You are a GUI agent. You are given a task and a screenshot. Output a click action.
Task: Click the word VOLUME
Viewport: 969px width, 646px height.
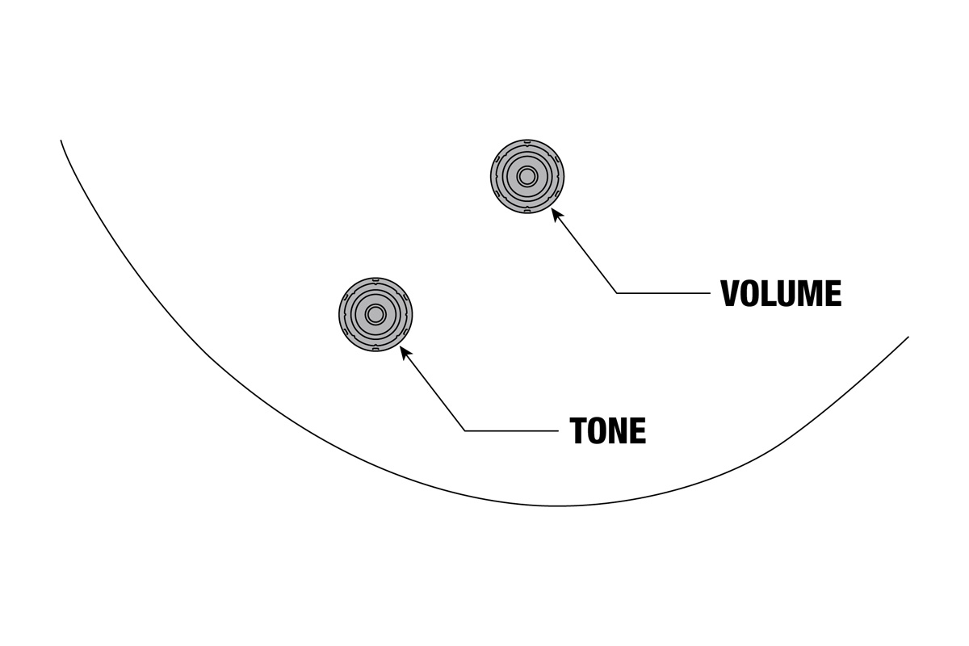[781, 294]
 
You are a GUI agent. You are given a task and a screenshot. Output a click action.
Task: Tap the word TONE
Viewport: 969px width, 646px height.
[608, 431]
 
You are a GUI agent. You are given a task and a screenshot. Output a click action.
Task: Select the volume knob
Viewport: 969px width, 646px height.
[527, 176]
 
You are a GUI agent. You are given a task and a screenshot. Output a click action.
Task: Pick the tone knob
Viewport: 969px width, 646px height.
[375, 314]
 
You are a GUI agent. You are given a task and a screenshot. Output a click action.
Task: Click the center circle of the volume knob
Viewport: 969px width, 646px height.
[527, 176]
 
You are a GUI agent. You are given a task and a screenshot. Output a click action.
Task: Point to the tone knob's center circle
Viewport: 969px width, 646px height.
[375, 314]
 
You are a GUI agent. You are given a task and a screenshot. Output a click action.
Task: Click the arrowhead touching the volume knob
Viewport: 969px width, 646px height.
[556, 215]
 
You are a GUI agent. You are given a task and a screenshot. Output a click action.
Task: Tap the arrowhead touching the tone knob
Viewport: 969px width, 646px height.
[405, 352]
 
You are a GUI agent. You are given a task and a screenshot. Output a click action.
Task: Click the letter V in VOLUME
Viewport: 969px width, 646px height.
[731, 294]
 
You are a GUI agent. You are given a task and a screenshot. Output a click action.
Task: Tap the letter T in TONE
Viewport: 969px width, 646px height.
[579, 431]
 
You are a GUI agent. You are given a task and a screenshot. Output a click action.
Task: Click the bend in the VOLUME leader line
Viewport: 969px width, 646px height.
[617, 293]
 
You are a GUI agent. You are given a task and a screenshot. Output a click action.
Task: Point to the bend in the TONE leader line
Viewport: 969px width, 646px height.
[465, 430]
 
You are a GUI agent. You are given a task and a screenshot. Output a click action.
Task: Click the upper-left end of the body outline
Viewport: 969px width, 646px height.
[61, 141]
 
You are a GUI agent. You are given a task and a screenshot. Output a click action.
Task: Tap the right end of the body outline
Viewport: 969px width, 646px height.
[908, 338]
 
